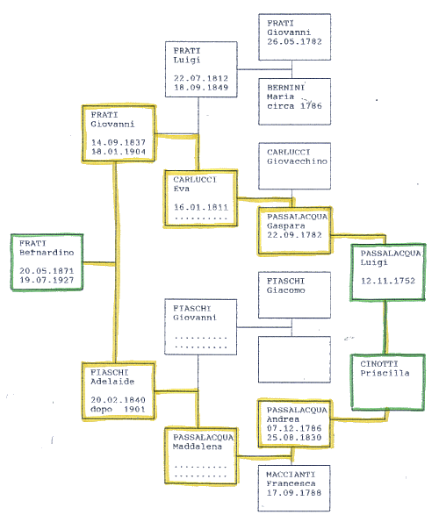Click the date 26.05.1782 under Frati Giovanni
(x=294, y=41)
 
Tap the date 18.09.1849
(x=201, y=88)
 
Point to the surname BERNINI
(x=285, y=88)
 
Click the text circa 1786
(x=294, y=106)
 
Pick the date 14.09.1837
(x=119, y=142)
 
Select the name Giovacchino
(x=297, y=161)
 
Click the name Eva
(x=181, y=189)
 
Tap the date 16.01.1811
(x=201, y=207)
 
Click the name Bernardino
(x=47, y=253)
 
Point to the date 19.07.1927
(x=47, y=280)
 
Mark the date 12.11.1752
(x=388, y=281)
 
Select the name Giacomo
(x=285, y=290)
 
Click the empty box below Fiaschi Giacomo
(x=294, y=360)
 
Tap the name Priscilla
(x=385, y=373)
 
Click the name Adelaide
(x=112, y=382)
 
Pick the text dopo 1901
(x=118, y=409)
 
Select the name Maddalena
(x=198, y=447)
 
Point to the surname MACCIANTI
(x=291, y=475)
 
